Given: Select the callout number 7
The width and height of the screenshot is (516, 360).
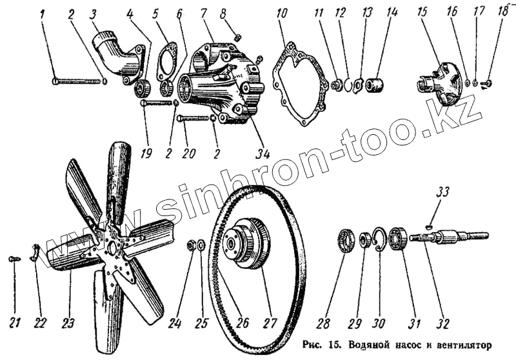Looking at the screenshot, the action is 203,14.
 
